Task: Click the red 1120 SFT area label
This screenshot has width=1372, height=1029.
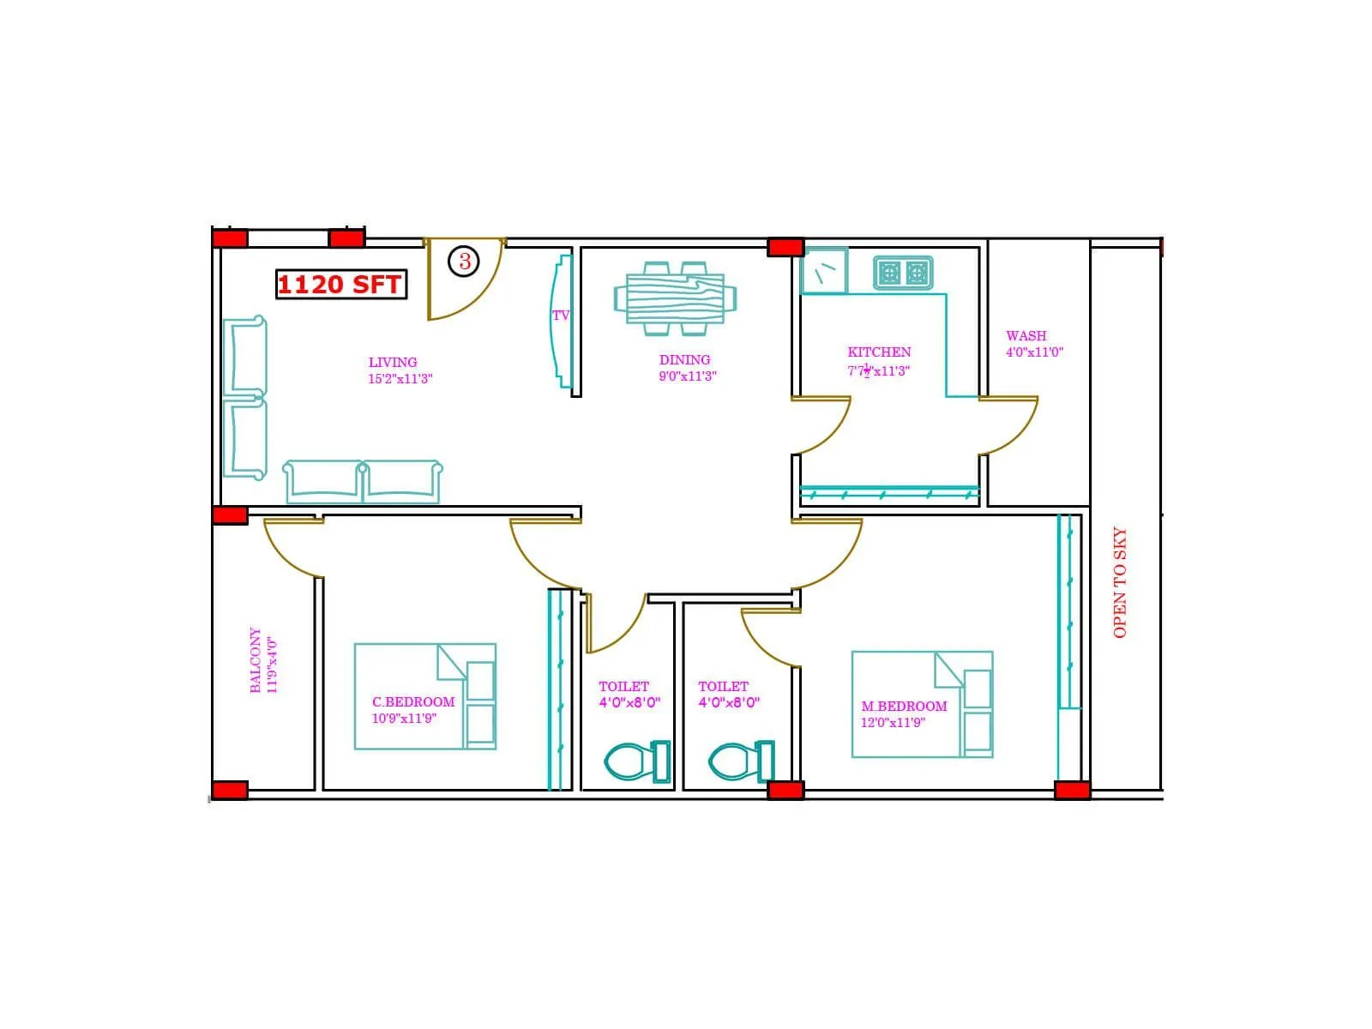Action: click(340, 285)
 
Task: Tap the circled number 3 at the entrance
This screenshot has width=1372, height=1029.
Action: click(464, 261)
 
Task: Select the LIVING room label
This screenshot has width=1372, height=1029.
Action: click(393, 362)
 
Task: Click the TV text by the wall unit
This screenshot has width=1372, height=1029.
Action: click(561, 316)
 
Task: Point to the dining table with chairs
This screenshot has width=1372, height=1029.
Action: click(675, 298)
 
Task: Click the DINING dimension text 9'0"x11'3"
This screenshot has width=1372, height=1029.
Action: click(687, 376)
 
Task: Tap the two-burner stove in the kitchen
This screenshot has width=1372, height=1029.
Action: click(903, 274)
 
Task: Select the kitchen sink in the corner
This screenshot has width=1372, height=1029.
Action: click(824, 271)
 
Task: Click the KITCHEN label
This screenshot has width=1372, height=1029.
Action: click(879, 352)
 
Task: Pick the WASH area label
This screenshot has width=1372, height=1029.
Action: click(1026, 335)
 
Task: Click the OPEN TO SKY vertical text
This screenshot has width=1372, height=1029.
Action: click(1120, 582)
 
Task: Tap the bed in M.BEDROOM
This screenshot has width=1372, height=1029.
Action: click(922, 704)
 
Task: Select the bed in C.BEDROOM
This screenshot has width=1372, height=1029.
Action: click(424, 696)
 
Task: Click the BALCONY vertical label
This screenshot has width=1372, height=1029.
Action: click(256, 660)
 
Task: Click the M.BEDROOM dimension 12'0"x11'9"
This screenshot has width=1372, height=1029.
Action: click(893, 723)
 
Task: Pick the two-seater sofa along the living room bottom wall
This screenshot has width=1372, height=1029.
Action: click(363, 482)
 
